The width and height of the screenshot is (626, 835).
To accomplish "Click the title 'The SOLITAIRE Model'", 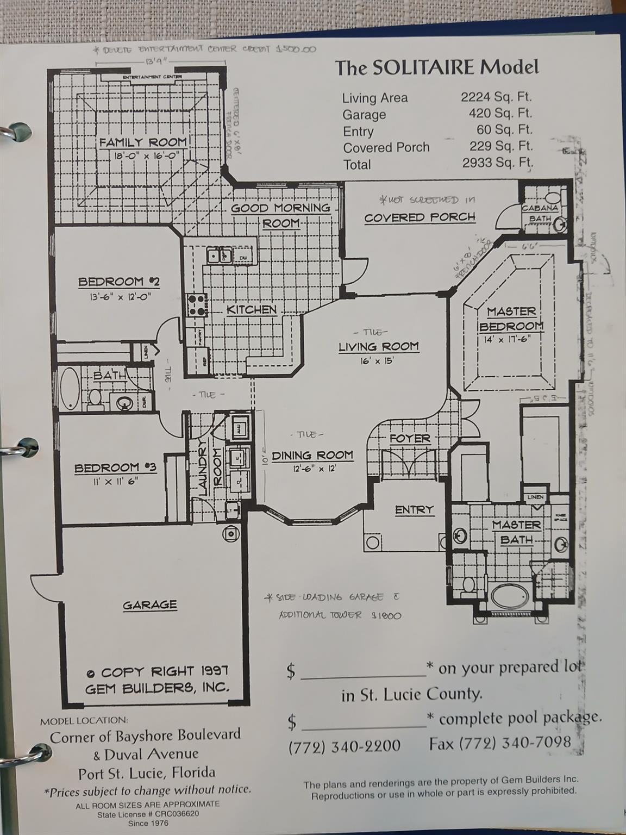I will pyautogui.click(x=436, y=67).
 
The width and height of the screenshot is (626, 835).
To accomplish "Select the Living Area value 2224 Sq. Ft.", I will pyautogui.click(x=496, y=97).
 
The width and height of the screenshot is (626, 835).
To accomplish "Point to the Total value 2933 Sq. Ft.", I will pyautogui.click(x=497, y=163).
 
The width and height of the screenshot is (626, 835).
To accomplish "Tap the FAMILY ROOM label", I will pyautogui.click(x=143, y=142).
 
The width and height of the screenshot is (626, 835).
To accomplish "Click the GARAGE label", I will pyautogui.click(x=149, y=605).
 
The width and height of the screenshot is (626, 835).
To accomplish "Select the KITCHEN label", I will pyautogui.click(x=252, y=309).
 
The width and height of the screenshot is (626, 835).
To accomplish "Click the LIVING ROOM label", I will pyautogui.click(x=379, y=346).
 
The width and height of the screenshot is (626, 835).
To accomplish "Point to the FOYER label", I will pyautogui.click(x=410, y=438).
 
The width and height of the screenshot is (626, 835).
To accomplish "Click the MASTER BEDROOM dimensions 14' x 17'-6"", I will pyautogui.click(x=503, y=339).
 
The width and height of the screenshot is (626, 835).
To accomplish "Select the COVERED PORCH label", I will pyautogui.click(x=420, y=217).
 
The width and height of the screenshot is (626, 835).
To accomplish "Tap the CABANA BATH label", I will pyautogui.click(x=540, y=213).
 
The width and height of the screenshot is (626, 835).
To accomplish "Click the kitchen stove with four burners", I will pyautogui.click(x=197, y=305).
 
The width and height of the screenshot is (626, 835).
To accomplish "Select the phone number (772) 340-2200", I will pyautogui.click(x=345, y=745).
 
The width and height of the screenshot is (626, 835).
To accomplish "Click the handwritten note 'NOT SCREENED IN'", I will pyautogui.click(x=428, y=200).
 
